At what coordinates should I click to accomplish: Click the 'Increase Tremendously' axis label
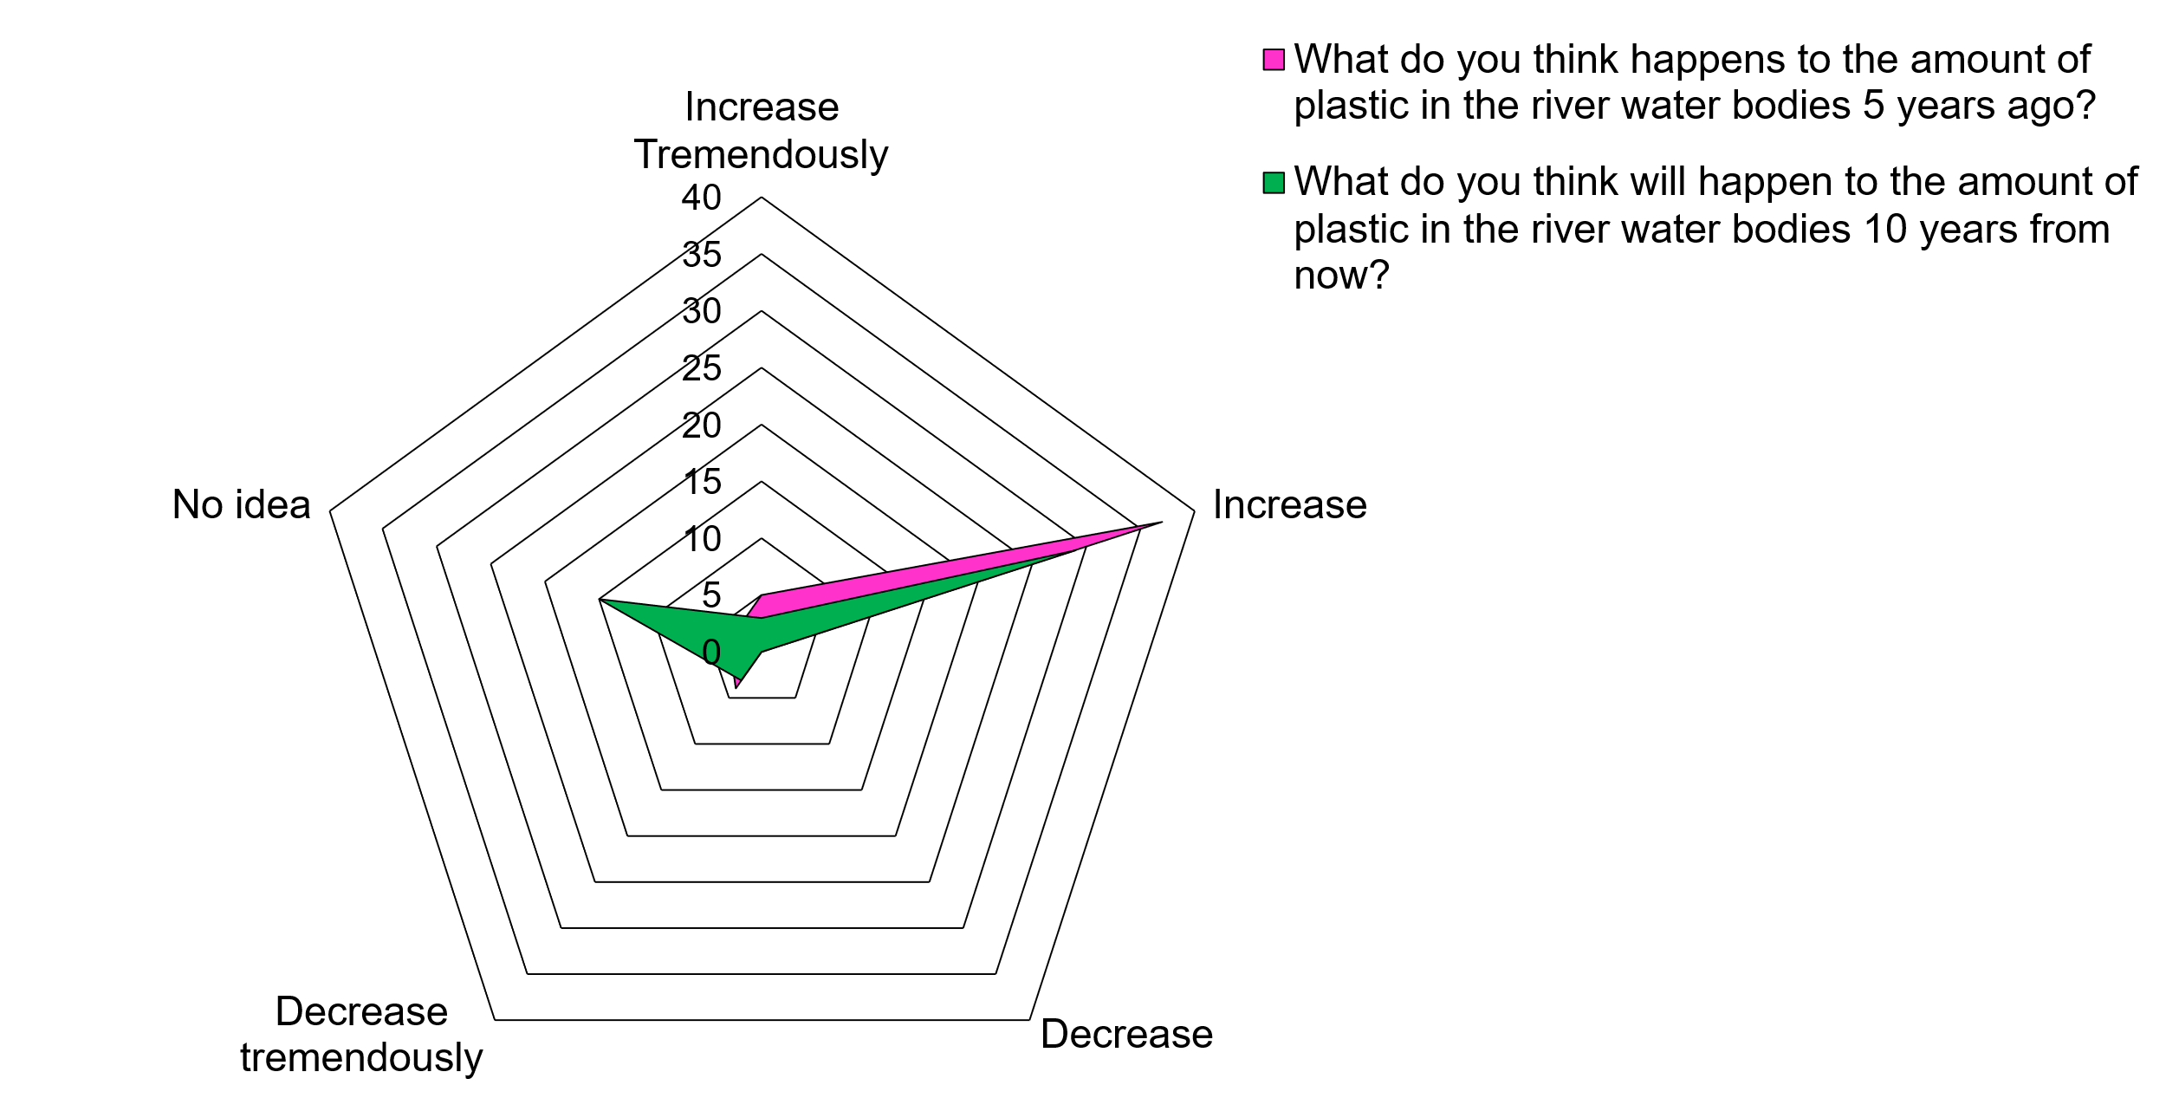click(x=761, y=131)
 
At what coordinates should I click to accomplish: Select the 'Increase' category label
click(x=1289, y=504)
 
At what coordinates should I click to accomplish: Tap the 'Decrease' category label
click(x=1126, y=1034)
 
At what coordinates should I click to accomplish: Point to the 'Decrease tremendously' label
click(x=361, y=1035)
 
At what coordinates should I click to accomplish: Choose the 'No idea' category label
click(x=241, y=504)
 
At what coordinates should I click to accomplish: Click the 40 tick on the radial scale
click(x=701, y=198)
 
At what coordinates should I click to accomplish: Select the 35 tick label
click(x=701, y=255)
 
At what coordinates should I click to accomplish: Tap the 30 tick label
click(x=701, y=311)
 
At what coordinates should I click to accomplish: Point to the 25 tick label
click(x=701, y=368)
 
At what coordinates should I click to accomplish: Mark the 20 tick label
click(x=701, y=426)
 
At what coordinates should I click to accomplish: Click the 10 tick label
click(x=702, y=539)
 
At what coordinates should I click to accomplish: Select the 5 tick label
click(x=711, y=595)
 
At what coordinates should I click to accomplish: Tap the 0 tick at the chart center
click(x=711, y=652)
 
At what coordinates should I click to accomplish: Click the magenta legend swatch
click(x=1273, y=60)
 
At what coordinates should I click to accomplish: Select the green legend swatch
click(x=1273, y=183)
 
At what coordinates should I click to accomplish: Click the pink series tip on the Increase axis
click(x=1159, y=523)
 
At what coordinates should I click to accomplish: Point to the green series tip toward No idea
click(x=601, y=600)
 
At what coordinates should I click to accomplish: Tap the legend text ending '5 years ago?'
click(x=1694, y=82)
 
